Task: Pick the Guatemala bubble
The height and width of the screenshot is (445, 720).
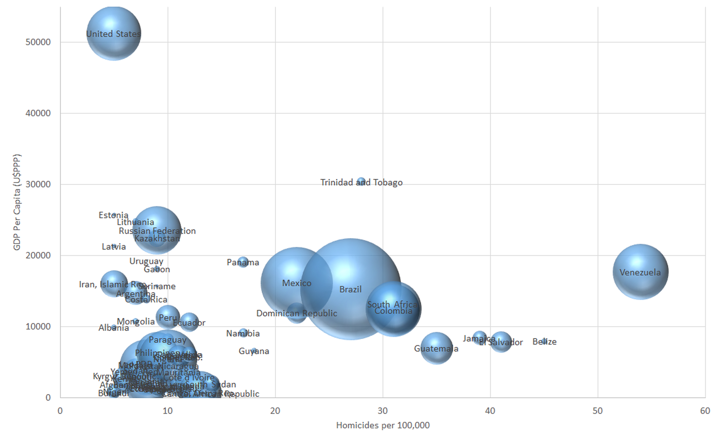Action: tap(437, 348)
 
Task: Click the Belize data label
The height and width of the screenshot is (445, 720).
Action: tap(544, 342)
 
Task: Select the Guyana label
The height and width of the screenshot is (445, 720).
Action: tap(254, 351)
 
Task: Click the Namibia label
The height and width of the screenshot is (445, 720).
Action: tap(243, 333)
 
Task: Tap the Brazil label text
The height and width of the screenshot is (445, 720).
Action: tap(350, 289)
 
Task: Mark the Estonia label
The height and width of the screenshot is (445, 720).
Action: tap(114, 215)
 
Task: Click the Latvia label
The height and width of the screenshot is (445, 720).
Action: tap(114, 246)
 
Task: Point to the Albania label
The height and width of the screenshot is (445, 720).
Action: tap(114, 328)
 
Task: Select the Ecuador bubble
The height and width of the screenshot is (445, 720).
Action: tap(189, 322)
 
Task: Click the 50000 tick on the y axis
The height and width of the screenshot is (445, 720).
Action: tap(38, 42)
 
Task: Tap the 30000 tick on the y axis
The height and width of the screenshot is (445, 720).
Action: tap(38, 184)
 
